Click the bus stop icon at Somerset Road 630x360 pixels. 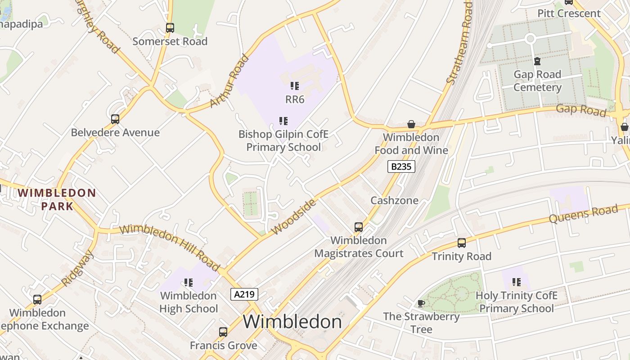tap(170, 28)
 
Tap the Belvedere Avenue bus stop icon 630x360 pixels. tap(115, 119)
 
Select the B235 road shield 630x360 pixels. tap(401, 166)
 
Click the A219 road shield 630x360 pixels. tap(244, 295)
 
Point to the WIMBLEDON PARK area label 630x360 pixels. tap(57, 200)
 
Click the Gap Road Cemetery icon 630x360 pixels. tap(537, 61)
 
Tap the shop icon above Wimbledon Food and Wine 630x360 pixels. tap(411, 124)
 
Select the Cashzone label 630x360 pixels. tap(394, 200)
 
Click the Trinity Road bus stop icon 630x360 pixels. tap(462, 243)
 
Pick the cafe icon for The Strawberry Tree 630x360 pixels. tap(421, 303)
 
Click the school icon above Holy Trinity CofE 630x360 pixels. tap(516, 282)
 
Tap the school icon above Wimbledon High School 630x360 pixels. tap(188, 283)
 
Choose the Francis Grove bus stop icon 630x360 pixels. tap(223, 332)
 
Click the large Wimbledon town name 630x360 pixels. tap(292, 322)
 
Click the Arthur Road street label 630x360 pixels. tap(229, 81)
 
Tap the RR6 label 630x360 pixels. tap(295, 99)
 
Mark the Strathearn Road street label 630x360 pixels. tap(460, 43)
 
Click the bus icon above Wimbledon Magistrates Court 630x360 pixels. tap(359, 227)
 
